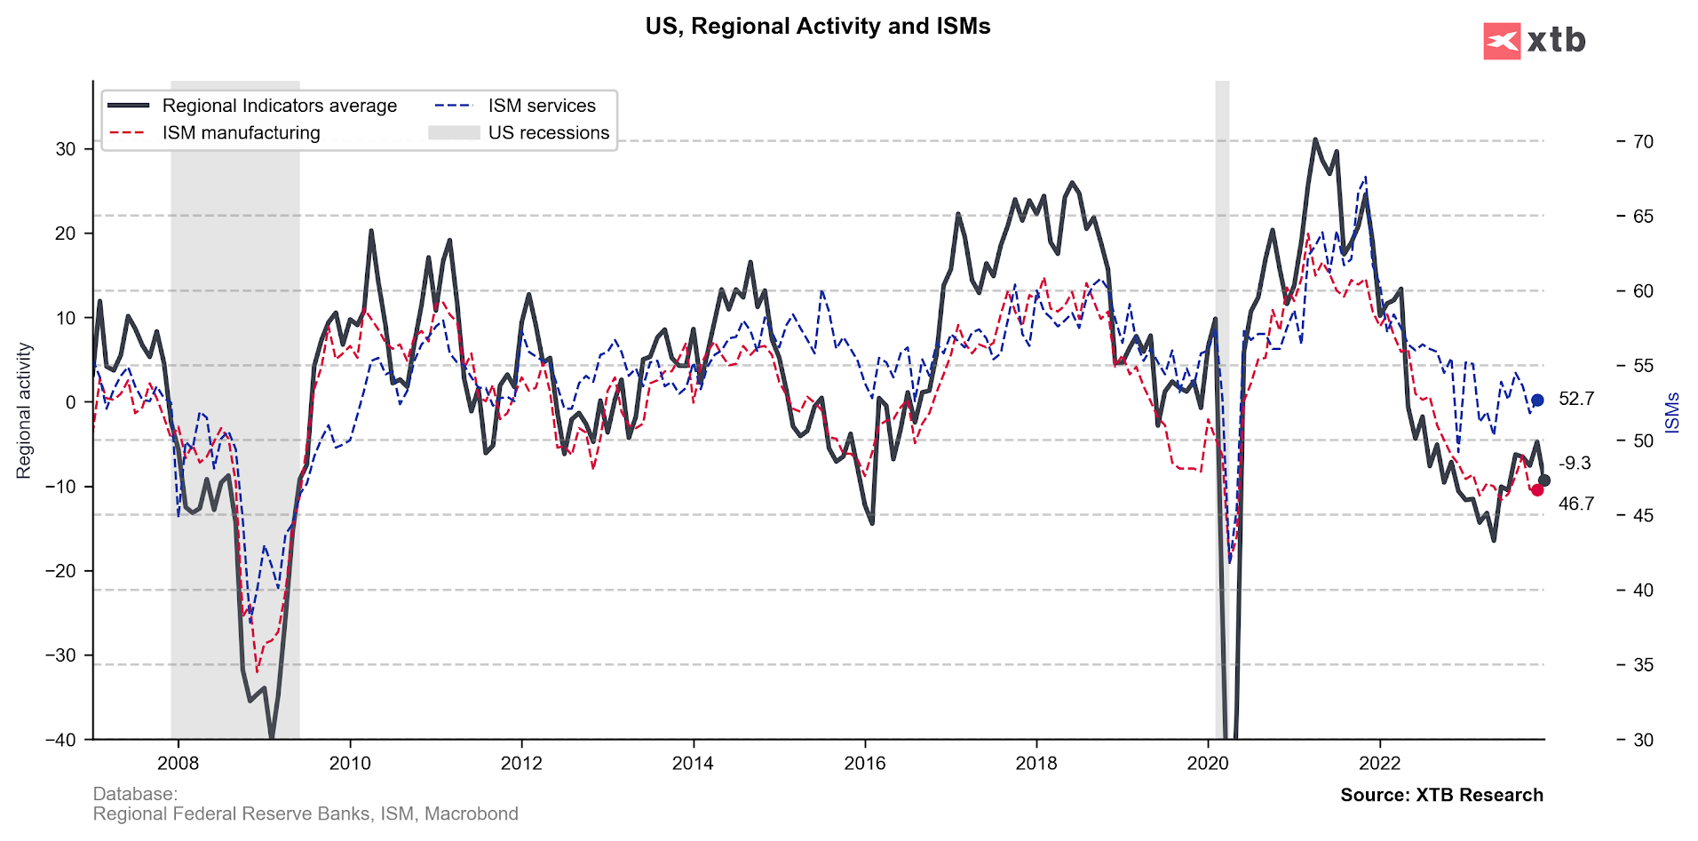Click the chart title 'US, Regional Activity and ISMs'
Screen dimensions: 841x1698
point(817,27)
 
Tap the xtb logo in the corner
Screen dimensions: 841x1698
point(1534,41)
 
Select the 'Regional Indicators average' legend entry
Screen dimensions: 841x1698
point(279,106)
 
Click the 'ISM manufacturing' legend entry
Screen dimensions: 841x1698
point(241,133)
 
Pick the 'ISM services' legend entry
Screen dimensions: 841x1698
point(541,106)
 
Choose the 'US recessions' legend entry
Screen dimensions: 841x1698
point(548,133)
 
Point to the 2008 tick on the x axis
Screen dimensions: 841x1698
point(178,763)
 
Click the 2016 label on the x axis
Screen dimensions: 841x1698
point(864,763)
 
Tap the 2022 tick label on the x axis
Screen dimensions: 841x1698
point(1379,763)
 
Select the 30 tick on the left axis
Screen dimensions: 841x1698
point(66,149)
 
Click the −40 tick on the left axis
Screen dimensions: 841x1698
point(60,740)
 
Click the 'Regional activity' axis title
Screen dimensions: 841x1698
point(24,410)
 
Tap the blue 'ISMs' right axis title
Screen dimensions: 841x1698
point(1672,412)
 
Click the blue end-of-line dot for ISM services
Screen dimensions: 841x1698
point(1537,401)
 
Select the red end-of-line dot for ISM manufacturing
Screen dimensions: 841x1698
point(1537,489)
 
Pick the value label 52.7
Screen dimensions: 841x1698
point(1576,399)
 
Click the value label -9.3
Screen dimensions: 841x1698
point(1575,464)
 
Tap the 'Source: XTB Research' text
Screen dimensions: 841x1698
point(1441,795)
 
